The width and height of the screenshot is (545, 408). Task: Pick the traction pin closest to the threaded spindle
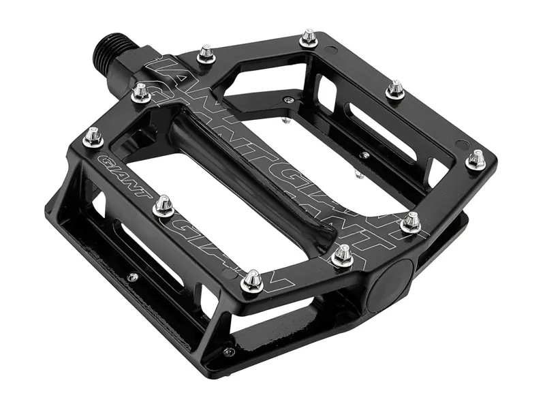coord(206,54)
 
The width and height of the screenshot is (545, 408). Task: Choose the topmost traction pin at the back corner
coord(309,37)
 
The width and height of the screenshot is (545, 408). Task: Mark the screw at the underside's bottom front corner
coord(228,352)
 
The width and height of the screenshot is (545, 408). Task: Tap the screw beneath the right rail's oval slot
coord(365,155)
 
